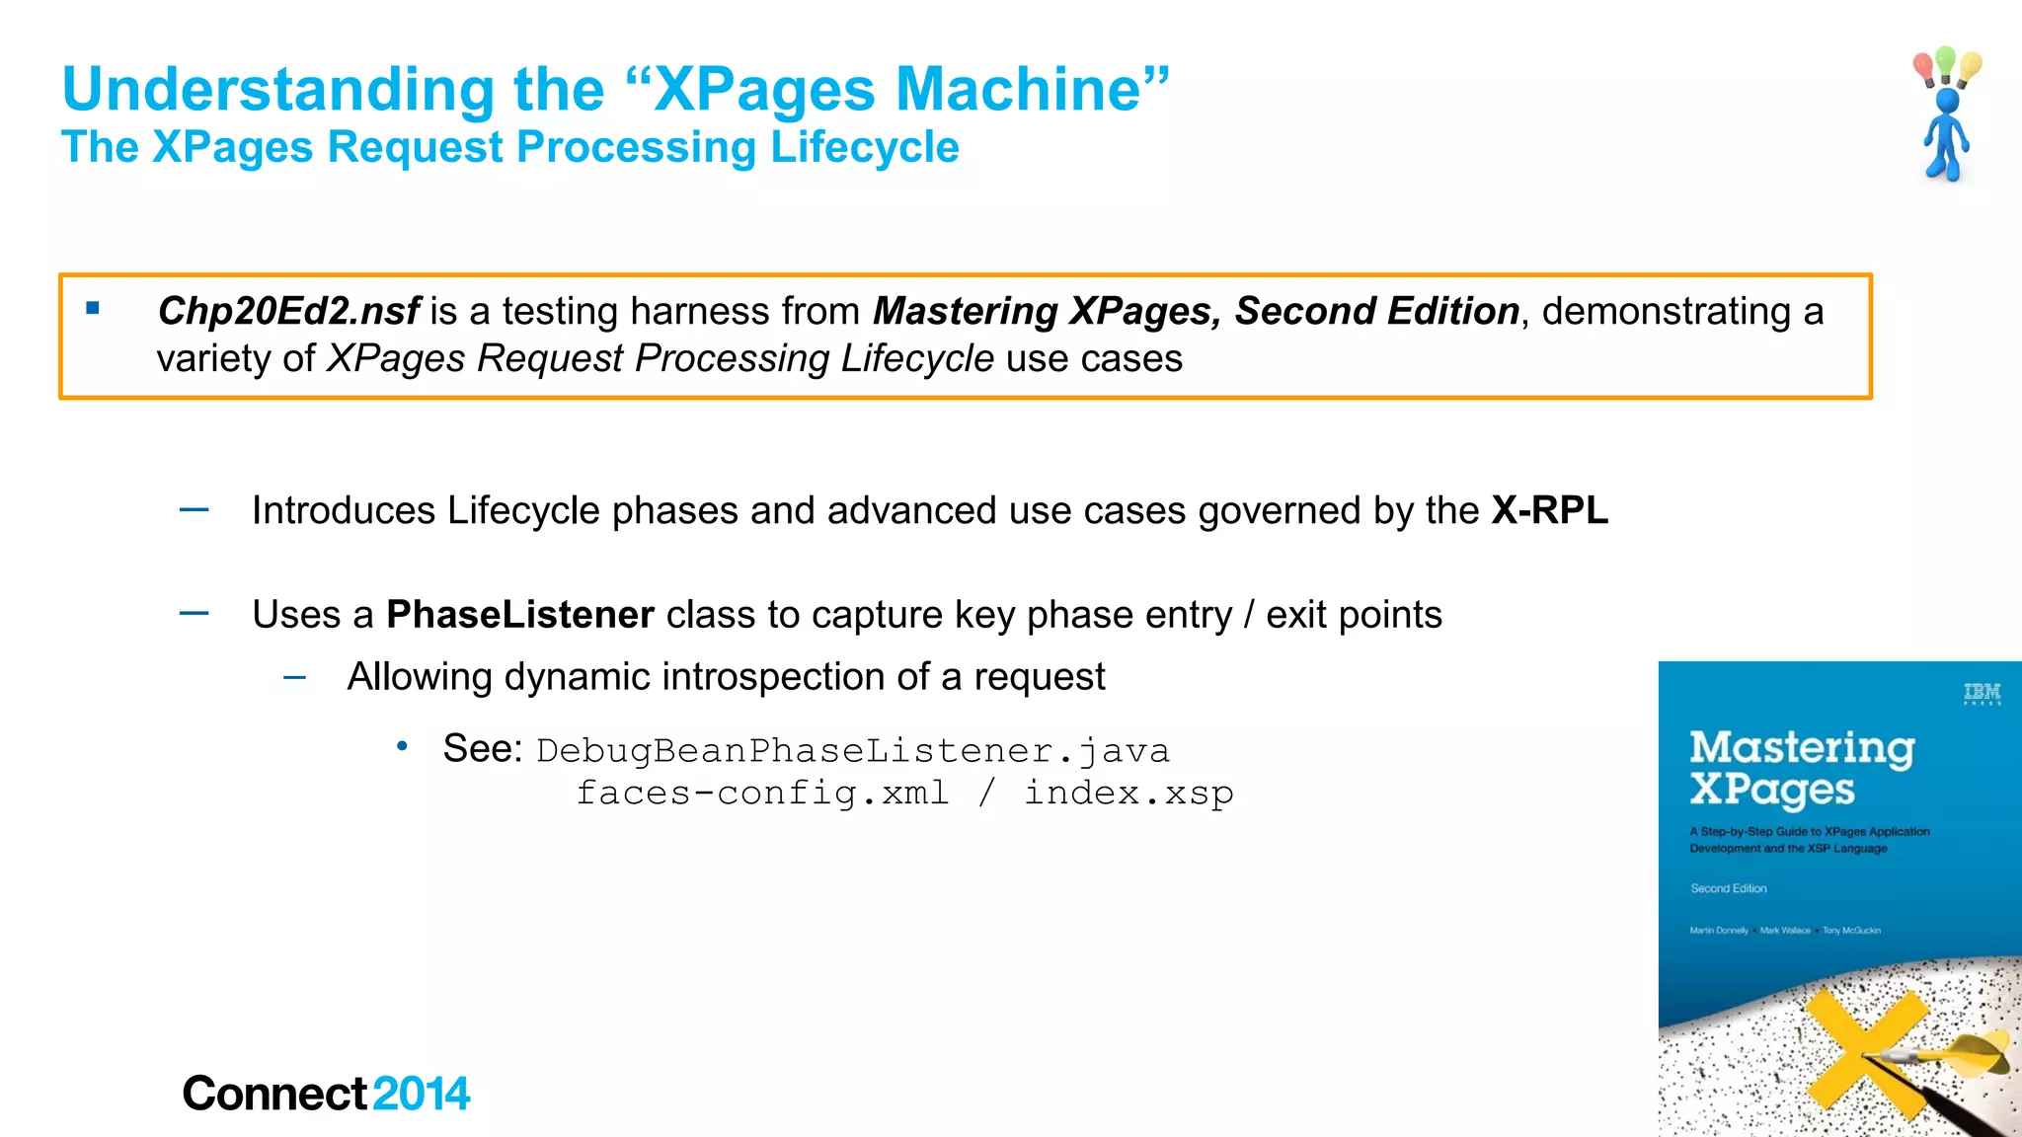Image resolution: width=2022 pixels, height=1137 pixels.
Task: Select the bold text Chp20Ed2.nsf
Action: point(288,311)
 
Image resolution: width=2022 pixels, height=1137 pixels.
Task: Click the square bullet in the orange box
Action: point(93,308)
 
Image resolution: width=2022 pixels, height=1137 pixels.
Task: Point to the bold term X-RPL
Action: point(1549,510)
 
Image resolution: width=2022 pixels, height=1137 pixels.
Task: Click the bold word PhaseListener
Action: point(519,614)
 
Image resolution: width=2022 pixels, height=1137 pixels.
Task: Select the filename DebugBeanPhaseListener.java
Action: point(853,751)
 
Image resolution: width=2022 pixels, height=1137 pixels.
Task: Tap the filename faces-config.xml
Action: point(762,793)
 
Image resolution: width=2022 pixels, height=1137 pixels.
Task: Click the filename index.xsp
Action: point(1128,793)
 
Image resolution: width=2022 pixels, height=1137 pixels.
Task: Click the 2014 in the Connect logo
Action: point(422,1094)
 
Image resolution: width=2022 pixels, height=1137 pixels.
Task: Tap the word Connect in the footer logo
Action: point(274,1094)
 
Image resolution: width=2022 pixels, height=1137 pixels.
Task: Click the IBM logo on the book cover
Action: point(1982,693)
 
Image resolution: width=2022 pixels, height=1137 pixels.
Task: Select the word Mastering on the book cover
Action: point(1802,747)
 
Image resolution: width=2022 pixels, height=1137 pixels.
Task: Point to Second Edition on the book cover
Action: point(1728,888)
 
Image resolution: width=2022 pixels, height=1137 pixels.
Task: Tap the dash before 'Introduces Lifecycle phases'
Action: point(194,510)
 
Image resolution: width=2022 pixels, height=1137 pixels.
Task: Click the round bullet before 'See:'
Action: point(402,747)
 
